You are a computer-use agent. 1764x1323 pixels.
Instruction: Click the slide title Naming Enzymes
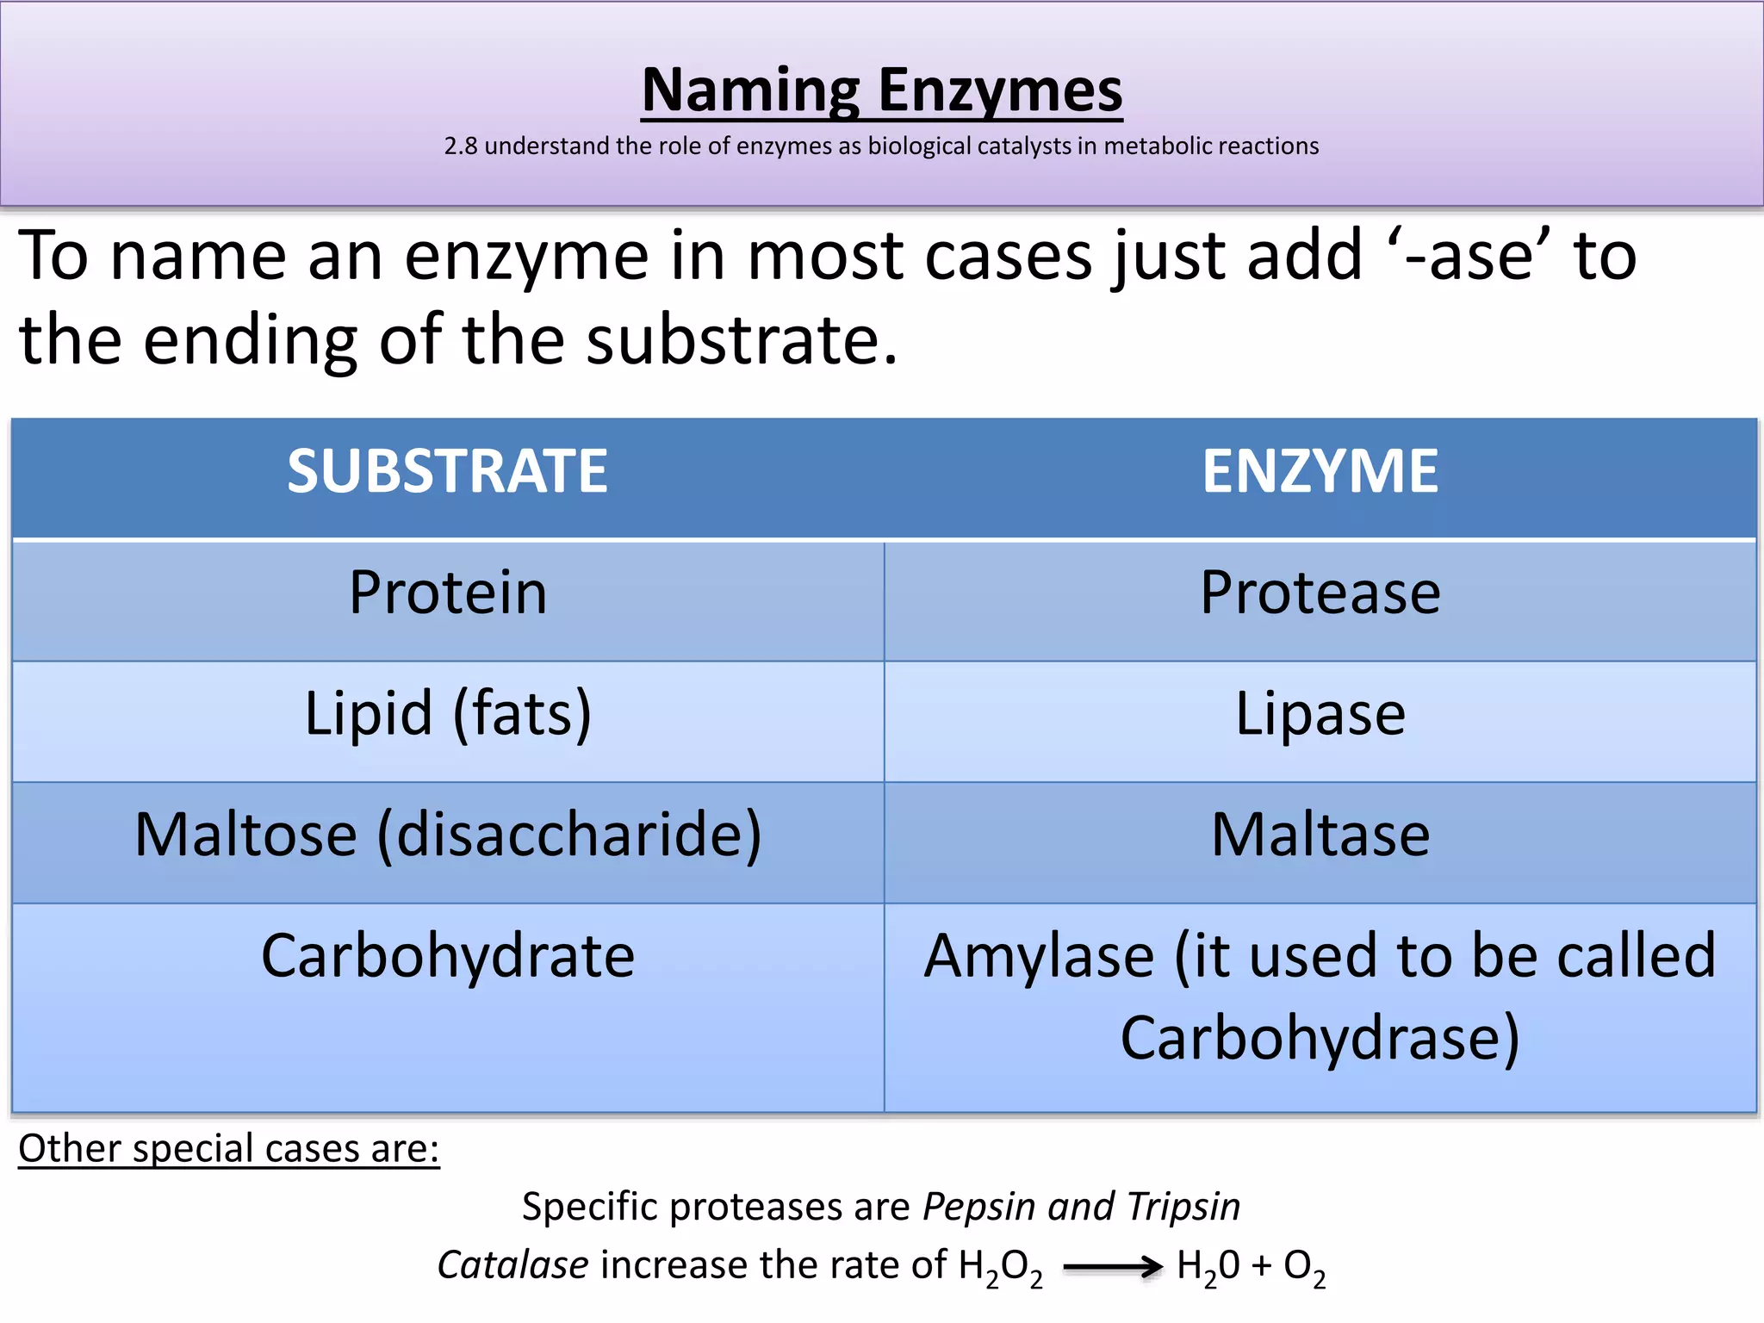882,90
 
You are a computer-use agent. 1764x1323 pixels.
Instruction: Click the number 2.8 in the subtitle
460,146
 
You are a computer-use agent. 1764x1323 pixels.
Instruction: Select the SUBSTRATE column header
447,472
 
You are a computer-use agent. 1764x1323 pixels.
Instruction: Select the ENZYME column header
1320,472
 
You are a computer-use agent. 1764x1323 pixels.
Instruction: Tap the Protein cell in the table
448,593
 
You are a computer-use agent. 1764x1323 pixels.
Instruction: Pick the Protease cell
1320,593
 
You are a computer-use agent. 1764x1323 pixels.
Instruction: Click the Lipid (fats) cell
448,714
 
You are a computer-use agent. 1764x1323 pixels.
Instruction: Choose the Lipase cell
1320,714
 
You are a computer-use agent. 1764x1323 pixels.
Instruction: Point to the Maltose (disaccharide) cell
448,835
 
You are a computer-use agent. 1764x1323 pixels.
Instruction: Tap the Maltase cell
1320,835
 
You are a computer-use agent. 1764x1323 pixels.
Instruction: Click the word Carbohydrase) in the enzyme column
1320,1038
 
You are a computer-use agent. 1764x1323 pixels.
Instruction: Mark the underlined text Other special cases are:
229,1149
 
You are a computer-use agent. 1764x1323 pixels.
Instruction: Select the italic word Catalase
513,1265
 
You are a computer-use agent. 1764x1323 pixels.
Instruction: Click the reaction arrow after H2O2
1112,1267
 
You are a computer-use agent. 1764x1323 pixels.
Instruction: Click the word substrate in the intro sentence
741,340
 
